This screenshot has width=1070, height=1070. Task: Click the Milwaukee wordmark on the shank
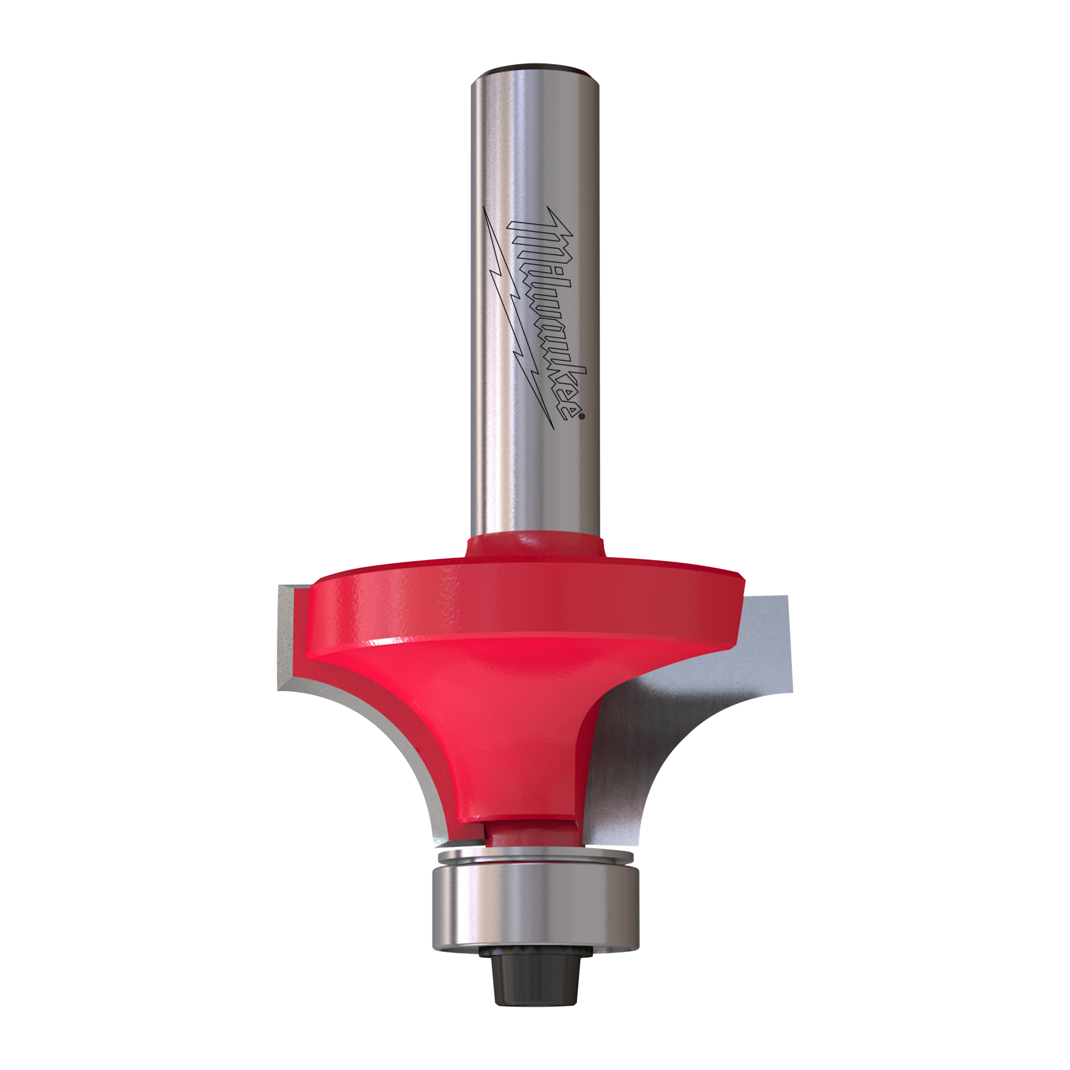tap(547, 313)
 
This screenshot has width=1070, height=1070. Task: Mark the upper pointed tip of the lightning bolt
tap(484, 208)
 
